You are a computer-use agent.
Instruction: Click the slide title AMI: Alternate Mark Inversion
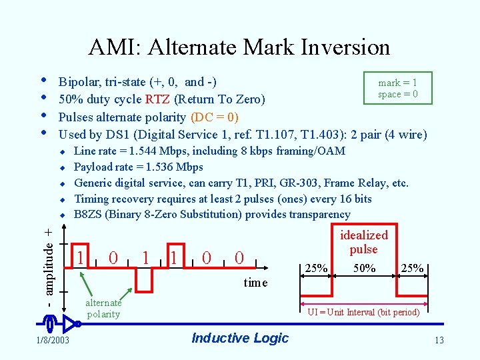click(239, 47)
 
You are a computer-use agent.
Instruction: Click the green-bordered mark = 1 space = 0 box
click(398, 88)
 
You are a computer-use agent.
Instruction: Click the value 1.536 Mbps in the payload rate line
click(170, 167)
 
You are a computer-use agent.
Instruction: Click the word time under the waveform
click(255, 283)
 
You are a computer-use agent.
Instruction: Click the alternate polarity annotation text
click(103, 309)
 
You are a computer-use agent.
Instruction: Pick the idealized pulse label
click(363, 242)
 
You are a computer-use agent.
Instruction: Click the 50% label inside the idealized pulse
click(364, 268)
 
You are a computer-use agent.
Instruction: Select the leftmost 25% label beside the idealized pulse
click(316, 268)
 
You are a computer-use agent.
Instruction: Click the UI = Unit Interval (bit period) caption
click(363, 312)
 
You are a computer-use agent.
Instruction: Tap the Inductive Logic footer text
click(239, 338)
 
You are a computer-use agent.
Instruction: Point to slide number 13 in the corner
click(438, 341)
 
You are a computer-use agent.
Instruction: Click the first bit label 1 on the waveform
click(80, 257)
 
